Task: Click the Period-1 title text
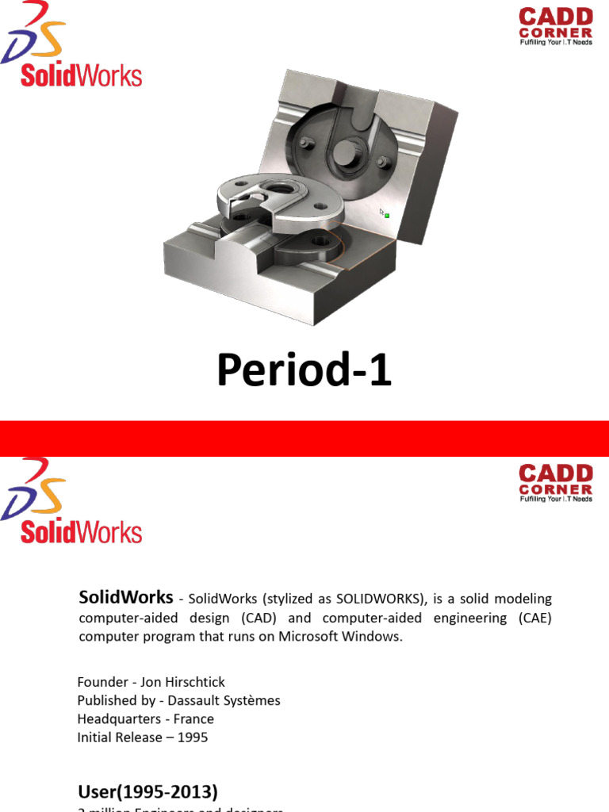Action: click(x=304, y=371)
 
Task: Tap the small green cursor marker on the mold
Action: click(x=386, y=215)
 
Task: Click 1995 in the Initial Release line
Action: click(x=193, y=737)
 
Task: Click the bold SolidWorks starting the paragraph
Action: click(x=126, y=597)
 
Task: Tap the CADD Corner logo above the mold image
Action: click(x=556, y=27)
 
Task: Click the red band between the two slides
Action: click(x=304, y=439)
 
